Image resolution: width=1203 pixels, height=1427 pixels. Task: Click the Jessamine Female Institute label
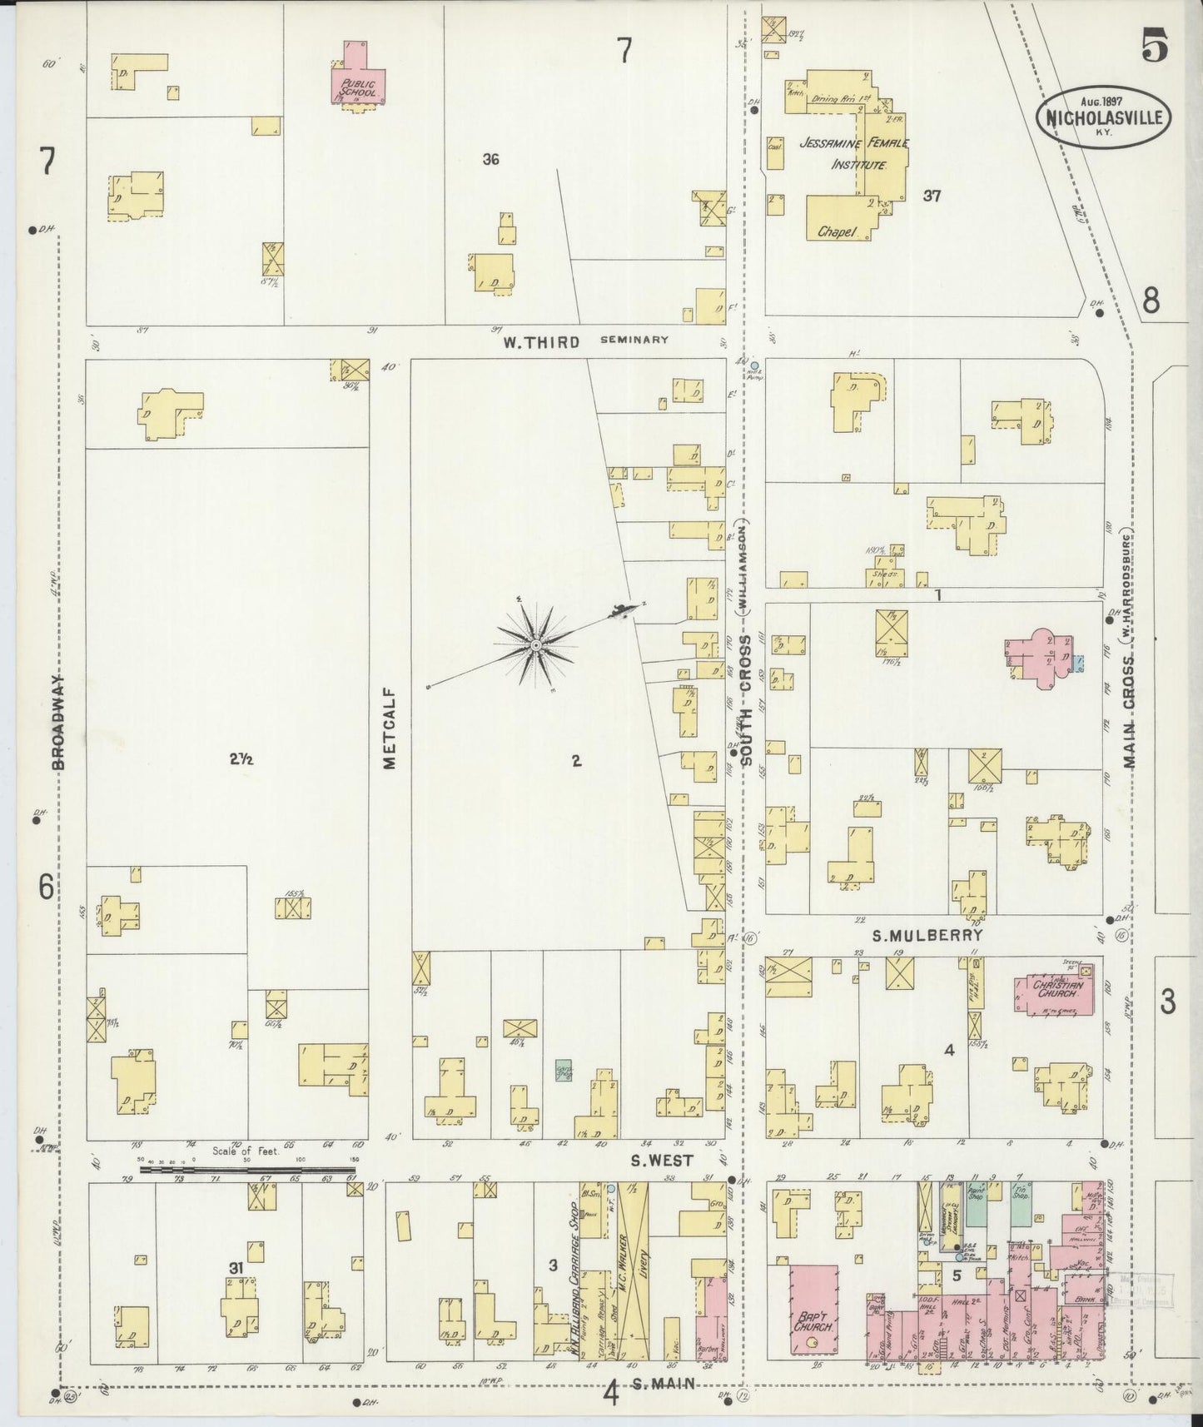pos(853,153)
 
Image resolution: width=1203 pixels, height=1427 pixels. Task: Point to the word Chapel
pos(836,232)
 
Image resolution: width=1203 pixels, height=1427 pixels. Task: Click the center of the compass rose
pos(536,645)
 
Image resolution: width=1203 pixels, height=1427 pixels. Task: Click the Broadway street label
pos(61,720)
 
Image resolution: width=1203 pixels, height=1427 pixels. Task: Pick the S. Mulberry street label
pos(927,935)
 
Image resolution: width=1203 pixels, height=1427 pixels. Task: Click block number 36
pos(490,159)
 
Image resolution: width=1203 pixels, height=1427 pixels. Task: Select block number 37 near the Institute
pos(931,196)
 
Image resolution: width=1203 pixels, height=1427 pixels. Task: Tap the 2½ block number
pos(241,758)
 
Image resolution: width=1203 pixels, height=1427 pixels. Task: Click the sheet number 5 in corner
pos(1155,46)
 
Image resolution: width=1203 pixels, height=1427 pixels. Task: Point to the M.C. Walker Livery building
pos(634,1274)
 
